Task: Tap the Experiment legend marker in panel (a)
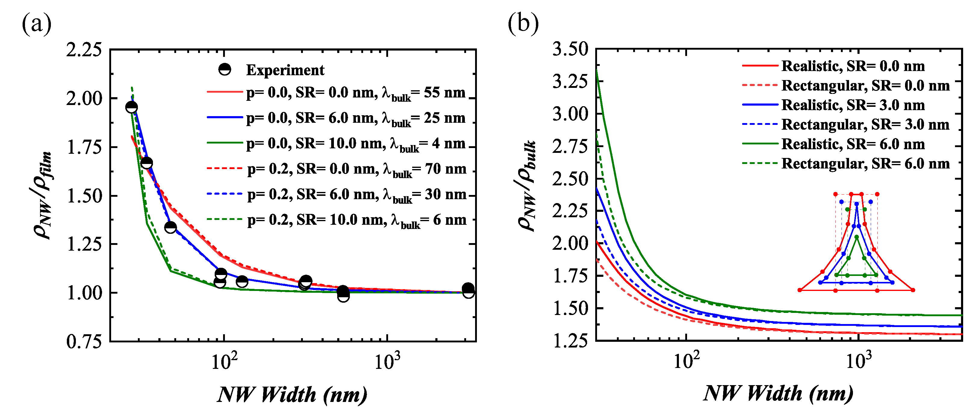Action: pos(225,69)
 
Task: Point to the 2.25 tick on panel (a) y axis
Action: pos(84,50)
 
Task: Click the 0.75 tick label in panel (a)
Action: pos(84,341)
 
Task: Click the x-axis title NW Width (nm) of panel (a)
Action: pos(292,394)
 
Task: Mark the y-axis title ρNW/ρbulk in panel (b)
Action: pos(527,186)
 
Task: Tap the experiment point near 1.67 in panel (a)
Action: pos(146,163)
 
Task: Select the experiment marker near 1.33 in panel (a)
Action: pos(170,227)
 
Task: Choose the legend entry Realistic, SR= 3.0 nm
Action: pos(853,105)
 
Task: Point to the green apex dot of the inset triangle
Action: pos(856,237)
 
